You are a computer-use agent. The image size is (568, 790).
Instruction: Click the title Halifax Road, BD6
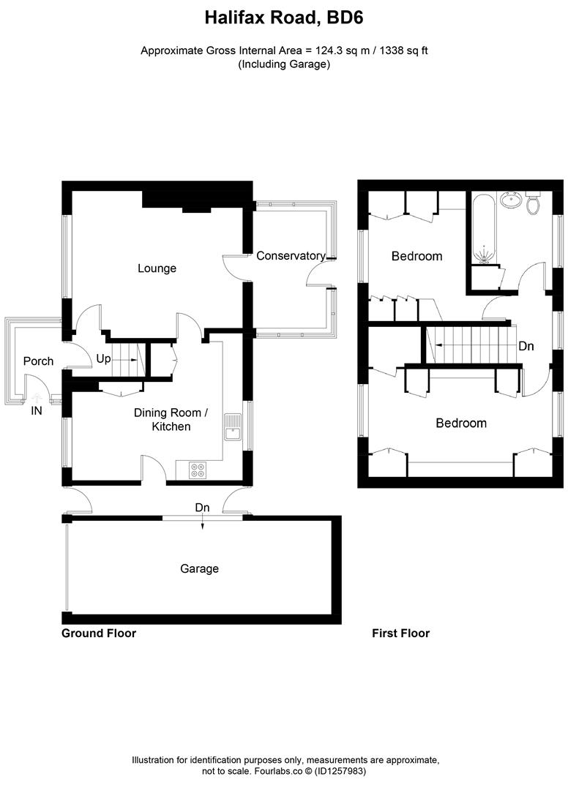point(283,16)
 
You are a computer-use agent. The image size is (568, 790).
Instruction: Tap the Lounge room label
point(157,268)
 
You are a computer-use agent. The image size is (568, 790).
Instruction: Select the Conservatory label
point(291,256)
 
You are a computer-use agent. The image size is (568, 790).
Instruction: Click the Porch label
point(38,361)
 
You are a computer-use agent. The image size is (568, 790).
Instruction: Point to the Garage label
point(199,568)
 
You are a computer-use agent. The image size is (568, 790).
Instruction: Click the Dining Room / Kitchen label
point(171,419)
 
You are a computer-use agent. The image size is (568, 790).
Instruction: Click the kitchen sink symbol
point(233,427)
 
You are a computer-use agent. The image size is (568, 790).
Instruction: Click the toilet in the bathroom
point(533,203)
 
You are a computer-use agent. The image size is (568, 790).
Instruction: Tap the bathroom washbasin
point(510,200)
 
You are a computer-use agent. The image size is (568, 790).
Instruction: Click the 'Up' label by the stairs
point(104,360)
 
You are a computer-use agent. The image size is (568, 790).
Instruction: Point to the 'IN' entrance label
point(37,412)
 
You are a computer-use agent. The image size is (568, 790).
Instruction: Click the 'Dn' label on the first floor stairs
point(526,346)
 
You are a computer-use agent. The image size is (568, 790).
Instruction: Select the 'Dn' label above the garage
point(202,507)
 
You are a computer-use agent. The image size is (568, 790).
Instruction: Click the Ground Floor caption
point(99,633)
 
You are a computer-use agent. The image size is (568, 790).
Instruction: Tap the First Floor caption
point(400,633)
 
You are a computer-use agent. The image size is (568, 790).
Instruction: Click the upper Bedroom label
point(416,256)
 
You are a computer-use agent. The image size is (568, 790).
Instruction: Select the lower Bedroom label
point(461,423)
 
